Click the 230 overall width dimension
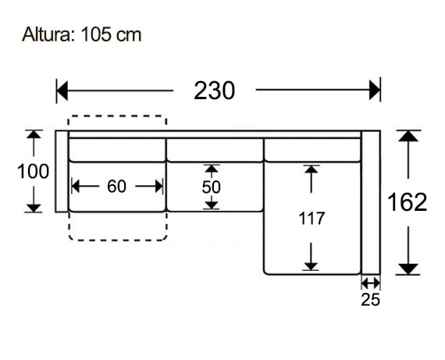pos(214,91)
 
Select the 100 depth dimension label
pos(34,171)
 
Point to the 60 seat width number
pos(116,186)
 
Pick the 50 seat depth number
pos(211,187)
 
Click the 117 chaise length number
pos(311,219)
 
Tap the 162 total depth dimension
pos(408,202)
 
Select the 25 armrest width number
pos(371,299)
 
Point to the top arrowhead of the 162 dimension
pos(408,137)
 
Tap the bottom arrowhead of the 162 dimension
pos(408,269)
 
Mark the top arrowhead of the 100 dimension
pos(34,136)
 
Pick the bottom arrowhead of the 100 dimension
pos(34,206)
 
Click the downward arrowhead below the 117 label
pos(311,264)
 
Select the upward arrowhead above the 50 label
pos(211,169)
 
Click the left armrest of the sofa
pos(62,171)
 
